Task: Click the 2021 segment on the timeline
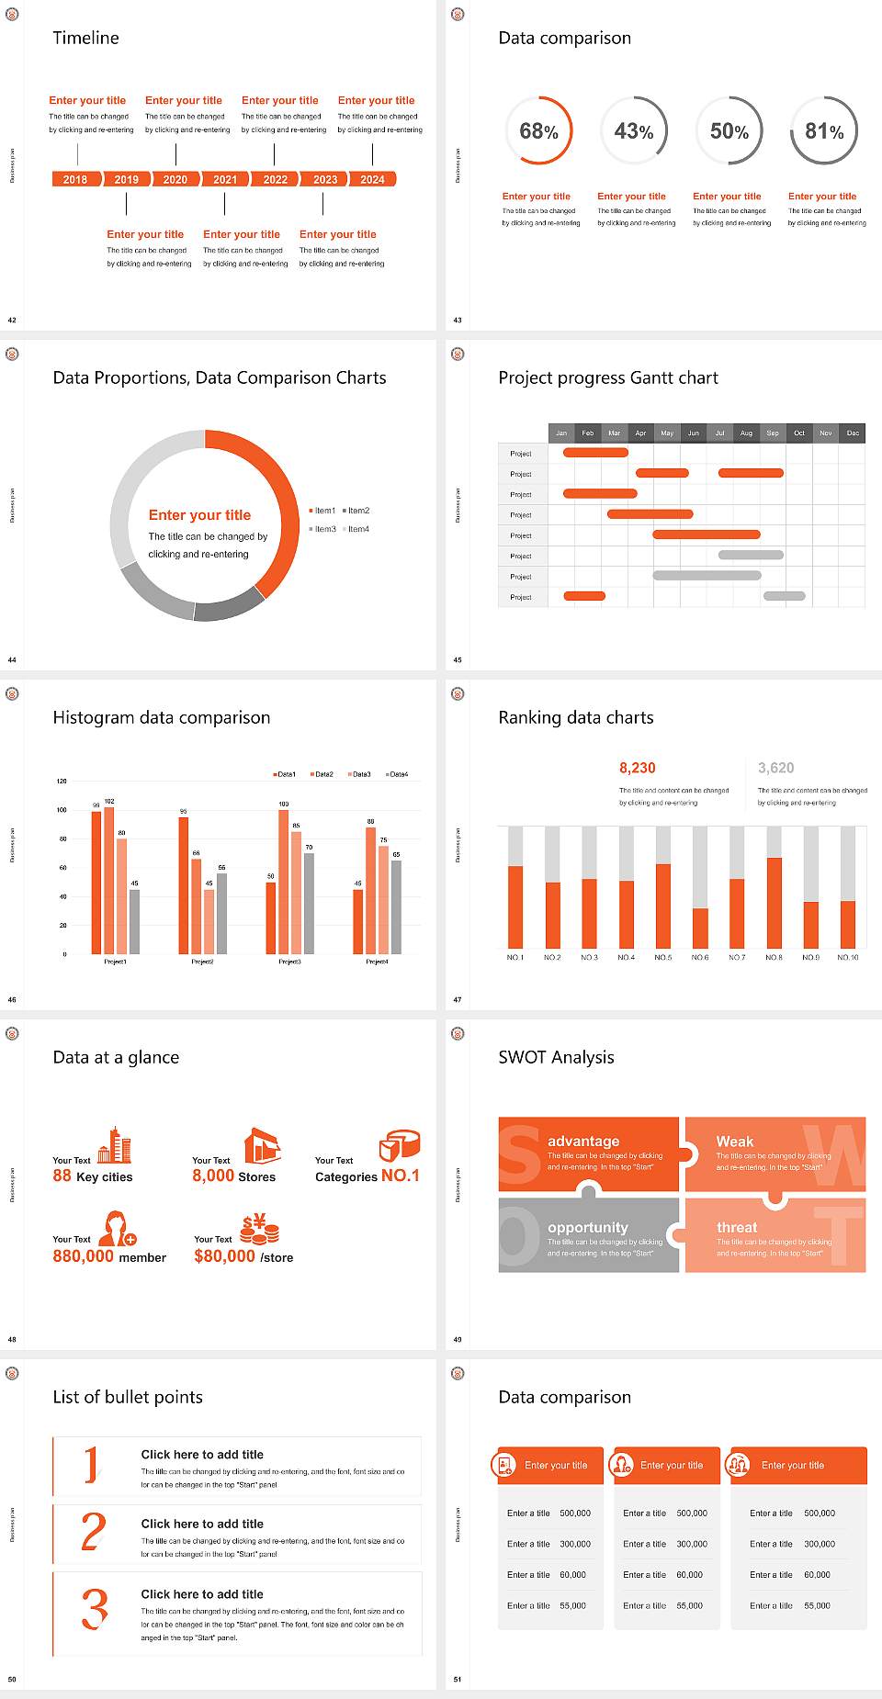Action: coord(225,180)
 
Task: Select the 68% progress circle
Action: coord(539,131)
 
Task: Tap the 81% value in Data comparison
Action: coord(824,131)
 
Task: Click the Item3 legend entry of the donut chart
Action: coord(323,529)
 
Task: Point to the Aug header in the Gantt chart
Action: coord(746,433)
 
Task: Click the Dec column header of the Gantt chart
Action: coord(853,433)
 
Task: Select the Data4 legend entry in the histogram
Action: coord(397,774)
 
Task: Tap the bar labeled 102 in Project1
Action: coord(109,877)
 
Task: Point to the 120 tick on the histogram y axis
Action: coord(62,782)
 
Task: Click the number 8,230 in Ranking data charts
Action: coord(638,768)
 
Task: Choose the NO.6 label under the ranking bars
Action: coord(700,957)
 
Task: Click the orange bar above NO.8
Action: coord(775,902)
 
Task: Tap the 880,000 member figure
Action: coord(109,1256)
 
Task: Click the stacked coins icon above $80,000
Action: coord(260,1229)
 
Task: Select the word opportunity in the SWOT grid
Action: coord(588,1228)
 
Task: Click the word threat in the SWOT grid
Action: coord(737,1228)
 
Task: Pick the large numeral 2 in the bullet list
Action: coord(94,1532)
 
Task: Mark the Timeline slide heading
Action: coord(85,38)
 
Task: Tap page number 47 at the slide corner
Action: coord(458,999)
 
